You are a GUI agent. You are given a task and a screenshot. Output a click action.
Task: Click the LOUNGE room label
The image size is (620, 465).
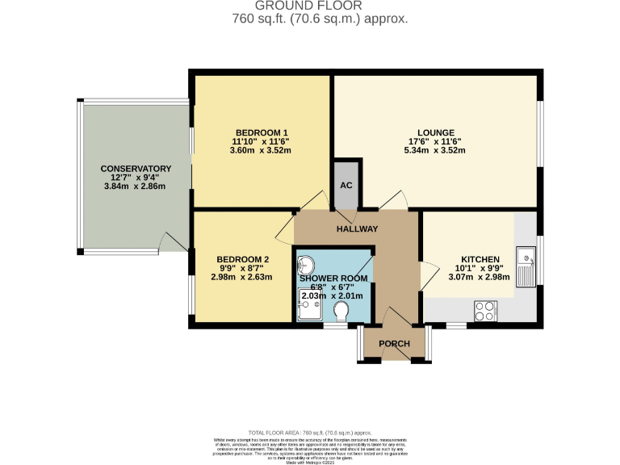(435, 132)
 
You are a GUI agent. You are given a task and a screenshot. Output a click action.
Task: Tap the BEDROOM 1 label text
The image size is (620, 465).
(262, 132)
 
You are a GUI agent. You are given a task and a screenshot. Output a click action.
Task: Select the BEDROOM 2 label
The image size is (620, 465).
(244, 259)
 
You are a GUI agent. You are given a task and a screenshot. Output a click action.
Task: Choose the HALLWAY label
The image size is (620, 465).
(357, 228)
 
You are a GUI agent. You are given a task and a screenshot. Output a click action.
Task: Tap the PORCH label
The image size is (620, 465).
(394, 344)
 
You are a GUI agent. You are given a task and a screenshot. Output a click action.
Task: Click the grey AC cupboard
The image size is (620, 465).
(346, 186)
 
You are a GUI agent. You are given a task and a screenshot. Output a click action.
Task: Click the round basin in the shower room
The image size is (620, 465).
(307, 265)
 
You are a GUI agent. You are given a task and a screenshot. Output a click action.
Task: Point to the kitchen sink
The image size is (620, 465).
(526, 266)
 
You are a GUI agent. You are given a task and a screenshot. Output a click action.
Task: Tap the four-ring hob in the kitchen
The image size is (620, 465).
(486, 310)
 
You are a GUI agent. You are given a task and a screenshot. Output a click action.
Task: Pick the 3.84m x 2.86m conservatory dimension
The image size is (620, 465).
(135, 186)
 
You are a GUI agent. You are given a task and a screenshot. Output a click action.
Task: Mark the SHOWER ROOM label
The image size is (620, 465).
(333, 279)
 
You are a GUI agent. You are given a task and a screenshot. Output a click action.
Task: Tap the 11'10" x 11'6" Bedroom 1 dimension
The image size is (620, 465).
(262, 141)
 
